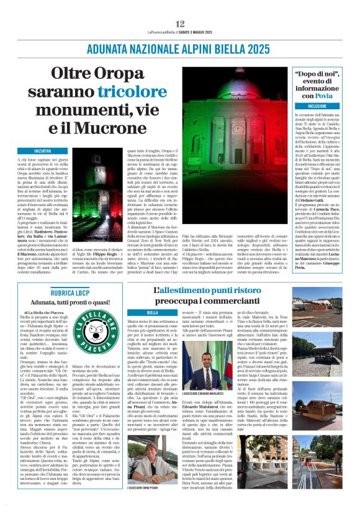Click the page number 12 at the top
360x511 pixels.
pyautogui.click(x=180, y=23)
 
